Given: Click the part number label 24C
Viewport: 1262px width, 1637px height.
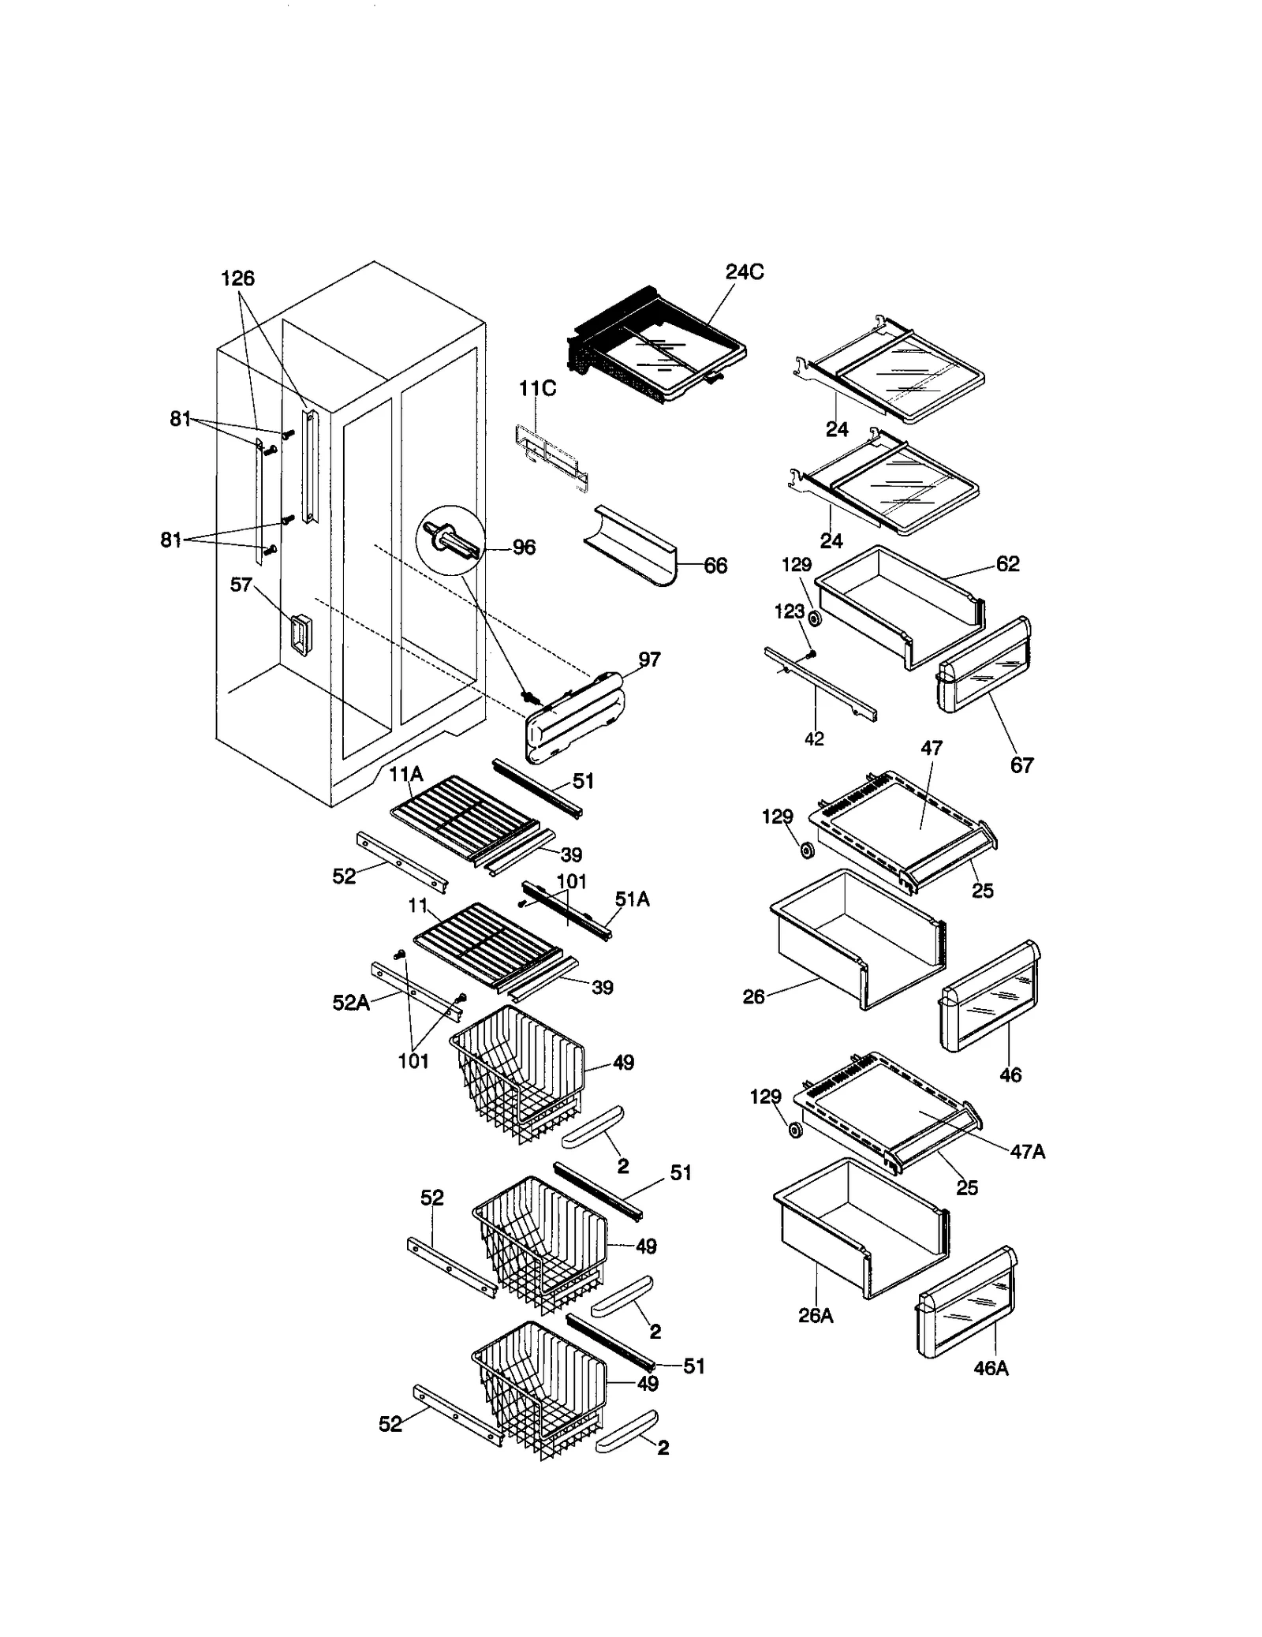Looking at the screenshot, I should click(744, 272).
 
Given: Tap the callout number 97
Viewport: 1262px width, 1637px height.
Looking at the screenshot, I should click(649, 660).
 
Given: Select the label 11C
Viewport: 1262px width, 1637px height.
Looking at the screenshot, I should click(536, 389).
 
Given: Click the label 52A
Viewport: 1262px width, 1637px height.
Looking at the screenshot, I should click(351, 1004).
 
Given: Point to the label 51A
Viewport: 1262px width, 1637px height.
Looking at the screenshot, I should click(632, 899).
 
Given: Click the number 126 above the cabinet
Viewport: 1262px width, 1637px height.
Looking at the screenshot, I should click(237, 278).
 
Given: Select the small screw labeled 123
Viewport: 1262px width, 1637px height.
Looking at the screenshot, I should click(812, 654).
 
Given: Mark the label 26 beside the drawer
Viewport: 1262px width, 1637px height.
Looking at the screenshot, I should click(753, 997).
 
